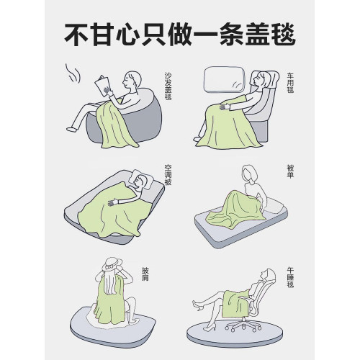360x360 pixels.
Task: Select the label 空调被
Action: pyautogui.click(x=167, y=173)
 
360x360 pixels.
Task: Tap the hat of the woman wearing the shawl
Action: pyautogui.click(x=112, y=264)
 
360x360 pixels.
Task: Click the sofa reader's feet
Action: pyautogui.click(x=72, y=127)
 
